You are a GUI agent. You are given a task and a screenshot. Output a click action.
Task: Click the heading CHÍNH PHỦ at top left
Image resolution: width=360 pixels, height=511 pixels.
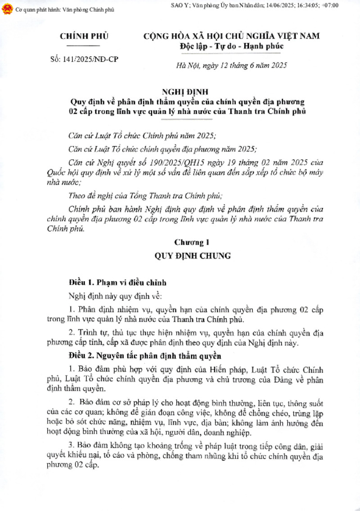coord(84,36)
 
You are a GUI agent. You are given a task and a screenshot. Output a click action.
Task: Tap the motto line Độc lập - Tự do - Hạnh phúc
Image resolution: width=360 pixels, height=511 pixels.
coord(231,46)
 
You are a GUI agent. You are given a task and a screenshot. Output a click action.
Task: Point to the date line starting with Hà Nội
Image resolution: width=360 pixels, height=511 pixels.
coord(231,66)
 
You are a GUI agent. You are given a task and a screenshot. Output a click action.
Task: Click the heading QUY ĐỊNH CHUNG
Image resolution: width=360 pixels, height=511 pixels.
coord(193,256)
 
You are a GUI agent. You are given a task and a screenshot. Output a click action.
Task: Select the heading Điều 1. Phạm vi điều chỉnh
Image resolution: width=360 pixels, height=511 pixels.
coord(117,283)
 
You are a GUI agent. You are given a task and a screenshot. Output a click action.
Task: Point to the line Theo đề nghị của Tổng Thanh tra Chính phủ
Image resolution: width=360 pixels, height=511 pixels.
coord(146,195)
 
